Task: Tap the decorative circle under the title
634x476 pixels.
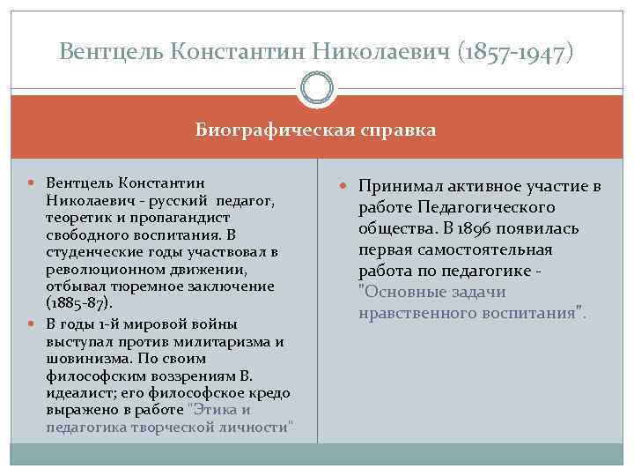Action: [317, 90]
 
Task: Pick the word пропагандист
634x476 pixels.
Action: [166, 218]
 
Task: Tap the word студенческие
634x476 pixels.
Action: [86, 252]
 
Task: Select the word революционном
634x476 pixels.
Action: [97, 269]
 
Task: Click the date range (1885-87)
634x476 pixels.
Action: [78, 303]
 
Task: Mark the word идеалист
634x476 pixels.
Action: [74, 393]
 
